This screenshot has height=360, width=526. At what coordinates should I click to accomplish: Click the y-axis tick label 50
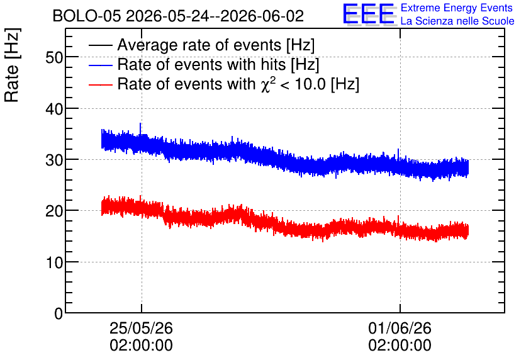(54, 58)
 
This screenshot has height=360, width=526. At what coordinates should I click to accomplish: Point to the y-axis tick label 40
(54, 109)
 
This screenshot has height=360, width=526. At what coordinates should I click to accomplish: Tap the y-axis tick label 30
(54, 160)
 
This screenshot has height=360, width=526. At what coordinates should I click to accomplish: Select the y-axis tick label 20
(54, 211)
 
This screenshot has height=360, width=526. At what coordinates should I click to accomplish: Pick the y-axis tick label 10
(54, 262)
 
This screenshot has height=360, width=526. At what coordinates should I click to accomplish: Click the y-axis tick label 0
(59, 314)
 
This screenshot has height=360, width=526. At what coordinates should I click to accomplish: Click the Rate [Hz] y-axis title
(12, 65)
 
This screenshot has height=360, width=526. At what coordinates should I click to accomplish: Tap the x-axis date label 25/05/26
(141, 328)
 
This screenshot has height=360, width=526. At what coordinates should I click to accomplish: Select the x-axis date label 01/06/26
(400, 328)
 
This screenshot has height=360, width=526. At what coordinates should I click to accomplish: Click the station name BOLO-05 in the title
(87, 16)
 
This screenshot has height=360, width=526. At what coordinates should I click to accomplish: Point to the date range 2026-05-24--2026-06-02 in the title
(215, 16)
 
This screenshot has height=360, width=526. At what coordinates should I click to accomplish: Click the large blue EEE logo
(369, 14)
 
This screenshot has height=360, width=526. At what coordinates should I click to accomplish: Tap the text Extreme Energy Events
(457, 8)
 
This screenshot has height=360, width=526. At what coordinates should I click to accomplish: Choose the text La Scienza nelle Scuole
(457, 21)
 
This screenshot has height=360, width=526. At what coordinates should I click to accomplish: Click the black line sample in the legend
(100, 45)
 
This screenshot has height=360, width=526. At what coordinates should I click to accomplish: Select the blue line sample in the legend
(100, 65)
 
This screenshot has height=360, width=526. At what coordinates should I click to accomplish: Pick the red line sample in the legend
(100, 84)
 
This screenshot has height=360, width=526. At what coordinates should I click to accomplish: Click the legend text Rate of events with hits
(201, 65)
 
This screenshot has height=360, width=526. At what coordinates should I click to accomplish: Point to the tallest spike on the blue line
(140, 124)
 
